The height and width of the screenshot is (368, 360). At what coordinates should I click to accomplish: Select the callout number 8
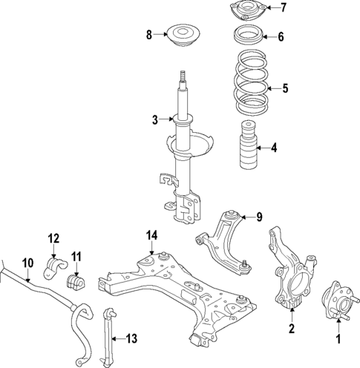pyautogui.click(x=149, y=34)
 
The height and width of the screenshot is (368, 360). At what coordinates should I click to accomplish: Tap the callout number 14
pyautogui.click(x=151, y=236)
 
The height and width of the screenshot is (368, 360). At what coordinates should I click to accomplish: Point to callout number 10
pyautogui.click(x=28, y=262)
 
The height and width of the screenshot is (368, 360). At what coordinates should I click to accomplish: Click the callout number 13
pyautogui.click(x=131, y=339)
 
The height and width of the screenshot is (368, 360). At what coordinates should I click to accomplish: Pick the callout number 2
pyautogui.click(x=292, y=329)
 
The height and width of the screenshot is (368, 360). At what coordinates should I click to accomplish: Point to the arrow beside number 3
pyautogui.click(x=167, y=119)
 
